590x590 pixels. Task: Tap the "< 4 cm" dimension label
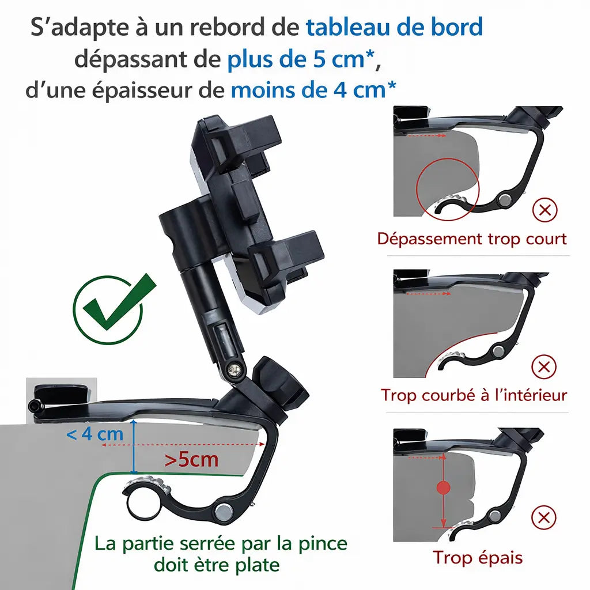pos(95,434)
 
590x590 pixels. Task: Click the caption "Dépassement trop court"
pos(472,239)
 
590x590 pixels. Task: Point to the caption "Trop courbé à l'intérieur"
pos(474,395)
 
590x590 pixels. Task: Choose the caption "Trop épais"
pos(478,558)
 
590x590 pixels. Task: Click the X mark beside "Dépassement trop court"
pos(544,210)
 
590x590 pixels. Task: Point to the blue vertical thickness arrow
pos(133,447)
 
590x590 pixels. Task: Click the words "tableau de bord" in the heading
pos(394,27)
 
